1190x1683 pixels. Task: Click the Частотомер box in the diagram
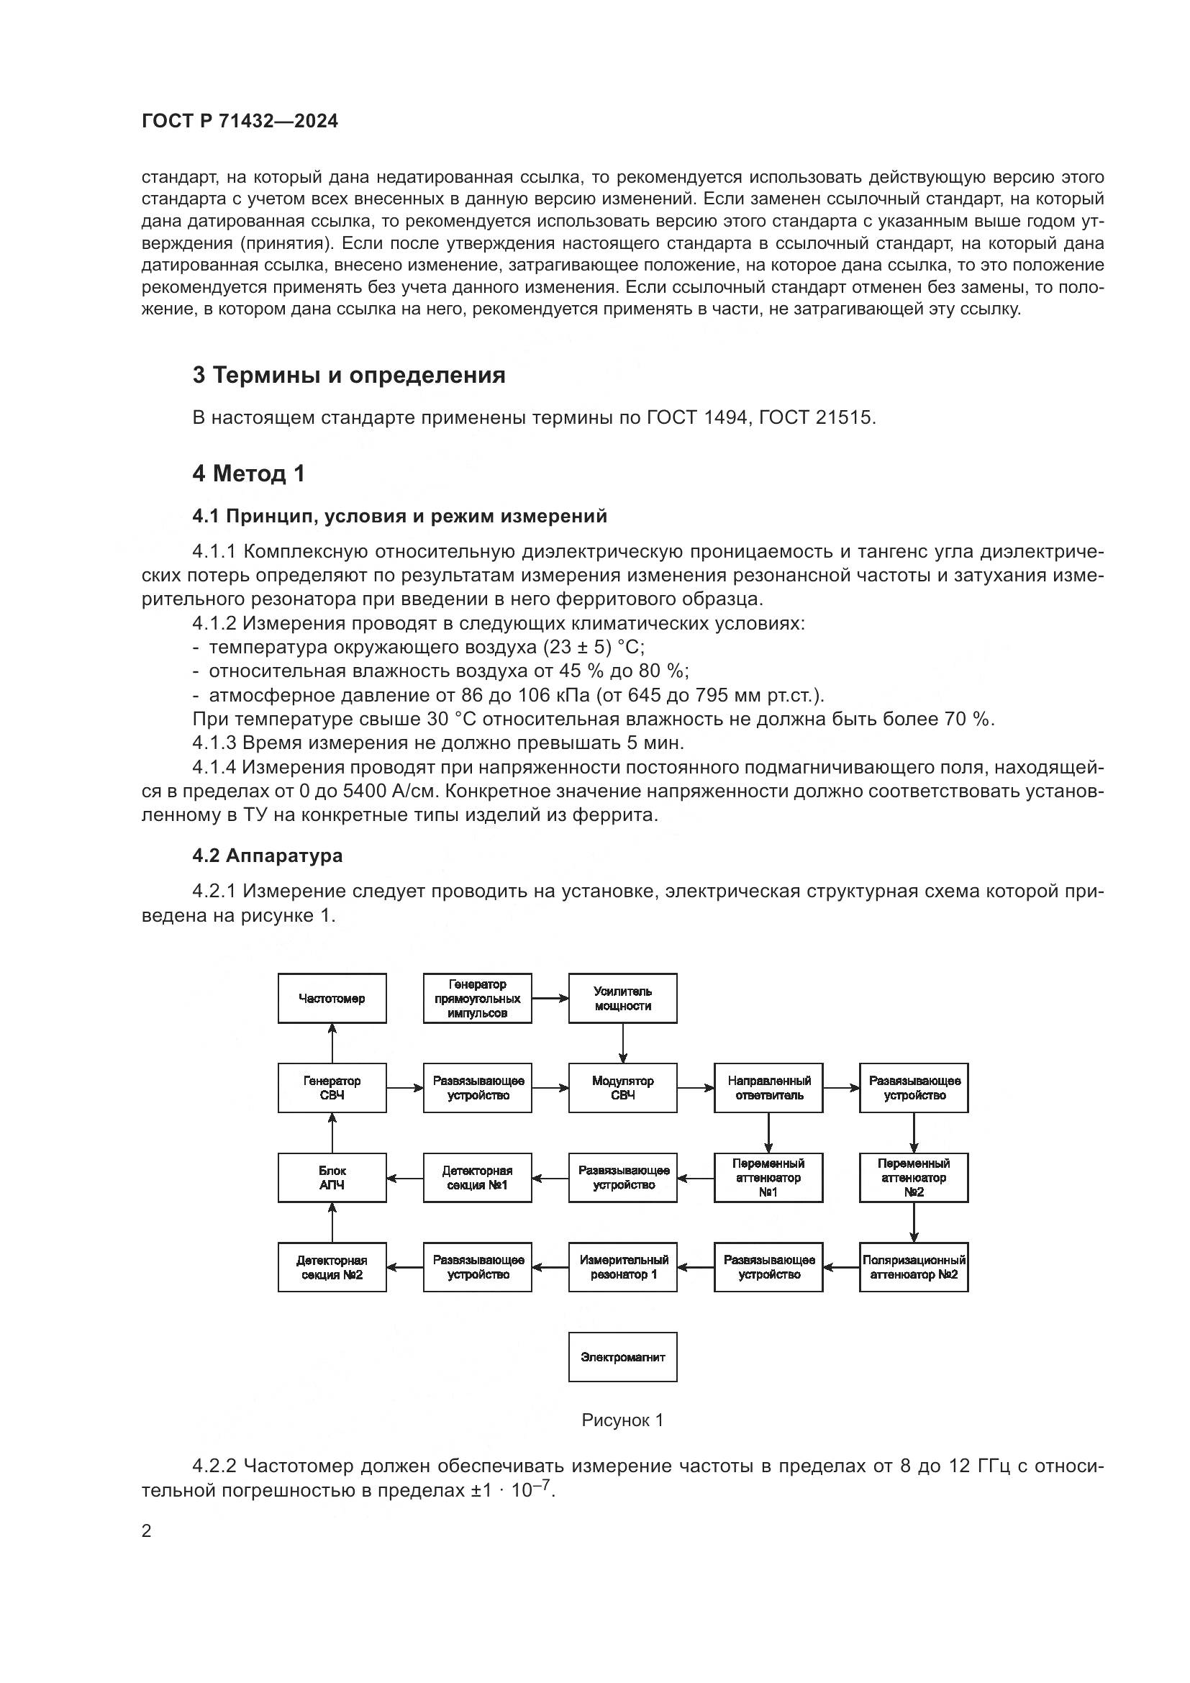[332, 999]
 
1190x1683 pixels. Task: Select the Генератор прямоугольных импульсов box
[477, 999]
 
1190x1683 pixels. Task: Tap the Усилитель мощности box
[622, 999]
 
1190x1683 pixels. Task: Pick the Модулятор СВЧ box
[622, 1088]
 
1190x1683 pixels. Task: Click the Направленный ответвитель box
[768, 1088]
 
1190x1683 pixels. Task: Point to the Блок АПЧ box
[332, 1178]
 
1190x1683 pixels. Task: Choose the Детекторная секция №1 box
[477, 1178]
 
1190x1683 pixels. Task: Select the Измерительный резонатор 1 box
[622, 1267]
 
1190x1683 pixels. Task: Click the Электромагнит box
[622, 1357]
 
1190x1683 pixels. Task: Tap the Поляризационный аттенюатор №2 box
[913, 1267]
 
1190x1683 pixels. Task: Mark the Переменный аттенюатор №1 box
[768, 1178]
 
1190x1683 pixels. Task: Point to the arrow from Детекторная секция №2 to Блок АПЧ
[332, 1222]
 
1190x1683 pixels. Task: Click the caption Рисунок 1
[622, 1420]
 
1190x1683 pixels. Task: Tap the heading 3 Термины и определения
[349, 376]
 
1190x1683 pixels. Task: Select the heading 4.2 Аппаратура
[268, 856]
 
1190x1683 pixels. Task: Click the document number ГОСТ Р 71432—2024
[240, 122]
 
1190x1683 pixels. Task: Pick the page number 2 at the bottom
[147, 1531]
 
